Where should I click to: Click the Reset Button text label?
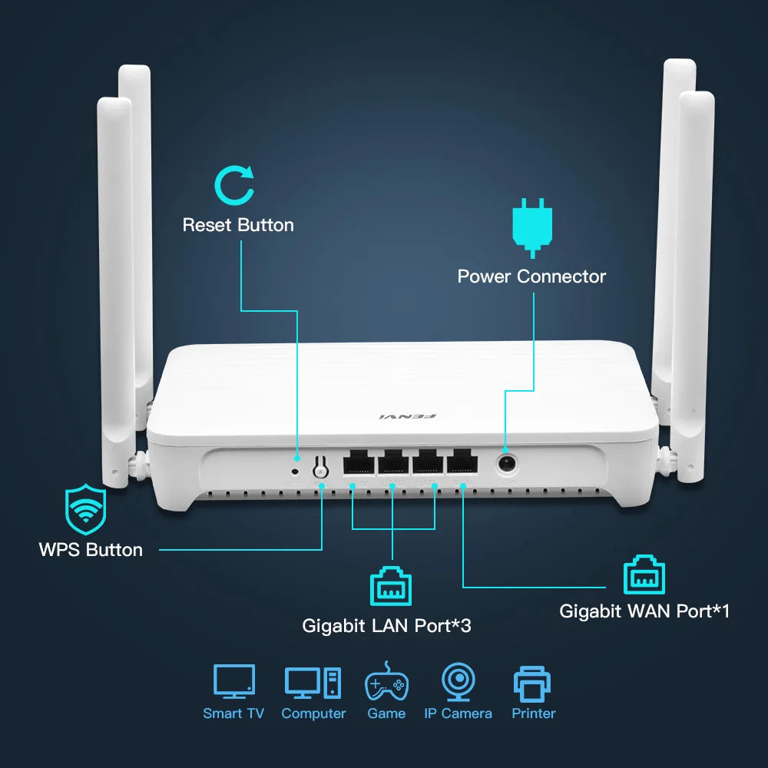tap(238, 225)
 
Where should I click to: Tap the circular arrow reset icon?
tap(233, 187)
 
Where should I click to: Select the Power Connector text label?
tap(531, 276)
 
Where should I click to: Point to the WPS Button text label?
tap(91, 550)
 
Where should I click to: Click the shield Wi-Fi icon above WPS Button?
tap(85, 509)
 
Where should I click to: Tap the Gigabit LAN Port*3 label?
tap(386, 626)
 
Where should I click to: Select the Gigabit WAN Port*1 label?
tap(644, 611)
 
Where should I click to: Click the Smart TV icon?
tap(233, 683)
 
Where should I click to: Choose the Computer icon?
tap(313, 683)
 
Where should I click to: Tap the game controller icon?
tap(386, 683)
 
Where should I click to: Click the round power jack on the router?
tap(506, 463)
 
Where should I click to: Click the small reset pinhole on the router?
tap(295, 468)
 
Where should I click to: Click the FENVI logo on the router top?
tap(407, 417)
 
